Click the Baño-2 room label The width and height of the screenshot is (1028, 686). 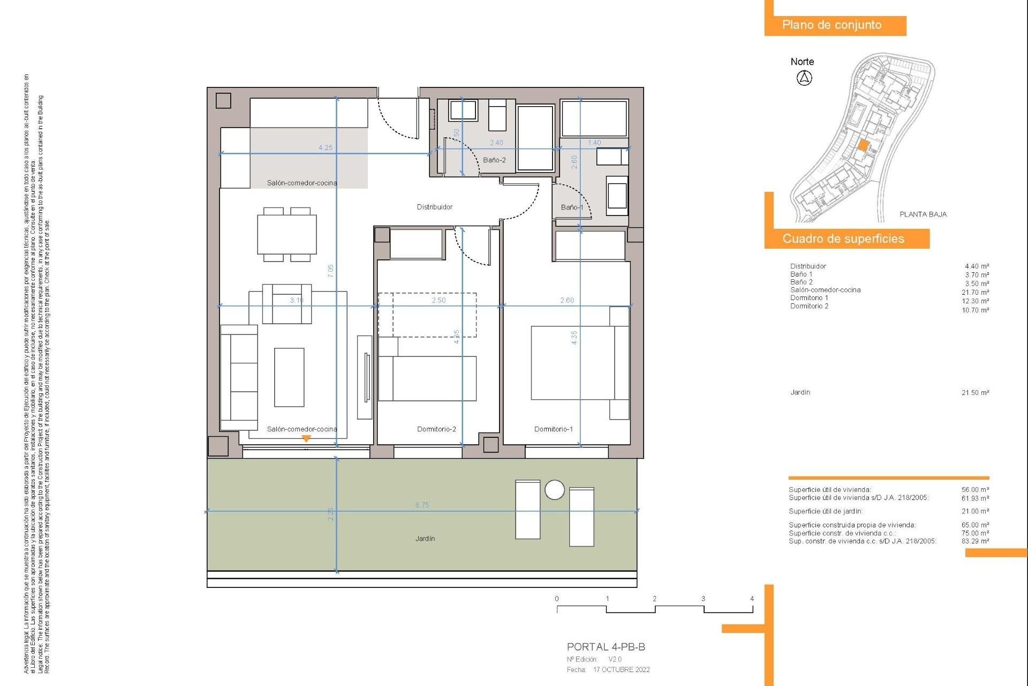point(494,160)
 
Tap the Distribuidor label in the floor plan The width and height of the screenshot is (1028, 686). point(434,207)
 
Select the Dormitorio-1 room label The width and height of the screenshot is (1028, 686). point(553,429)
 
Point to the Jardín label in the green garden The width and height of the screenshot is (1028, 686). point(425,539)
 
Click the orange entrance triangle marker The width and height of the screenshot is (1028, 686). point(306,438)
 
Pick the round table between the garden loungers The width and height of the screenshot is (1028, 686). point(554,490)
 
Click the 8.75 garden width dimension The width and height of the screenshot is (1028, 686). point(422,505)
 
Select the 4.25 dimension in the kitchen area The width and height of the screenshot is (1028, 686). point(325,147)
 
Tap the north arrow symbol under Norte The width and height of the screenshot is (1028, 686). point(804,78)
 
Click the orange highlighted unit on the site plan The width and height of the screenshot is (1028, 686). point(863,145)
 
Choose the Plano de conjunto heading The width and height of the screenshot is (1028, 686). point(832,25)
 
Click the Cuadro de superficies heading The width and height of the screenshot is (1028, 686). point(843,239)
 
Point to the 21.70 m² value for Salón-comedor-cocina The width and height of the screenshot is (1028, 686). point(975,293)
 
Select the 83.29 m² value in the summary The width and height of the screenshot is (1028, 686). point(975,541)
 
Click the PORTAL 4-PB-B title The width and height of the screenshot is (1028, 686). point(606,647)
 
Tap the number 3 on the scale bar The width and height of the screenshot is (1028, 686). point(703,599)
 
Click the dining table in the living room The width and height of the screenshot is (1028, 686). point(286,235)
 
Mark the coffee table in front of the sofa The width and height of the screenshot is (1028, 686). point(289,377)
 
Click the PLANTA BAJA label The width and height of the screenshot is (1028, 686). point(923,214)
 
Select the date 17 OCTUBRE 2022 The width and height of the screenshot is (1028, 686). point(621,670)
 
